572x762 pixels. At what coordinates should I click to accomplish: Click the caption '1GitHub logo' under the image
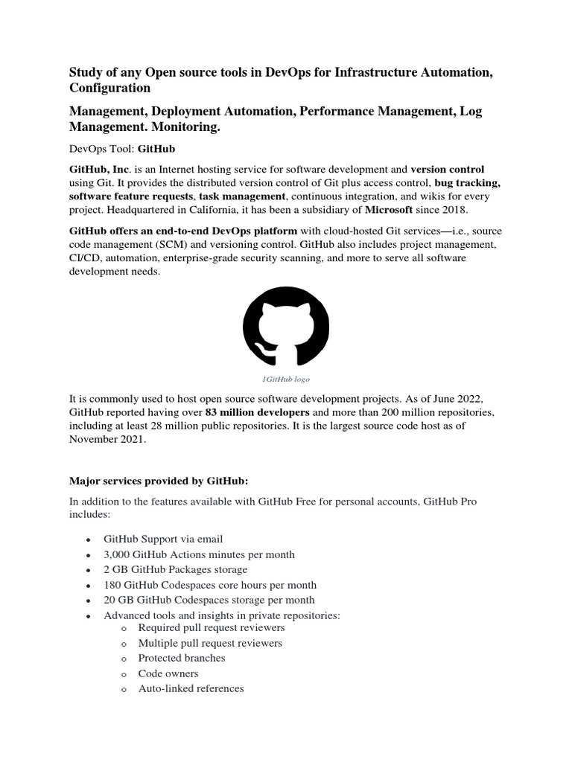(x=286, y=379)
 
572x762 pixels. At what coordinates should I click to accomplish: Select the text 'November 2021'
(x=104, y=439)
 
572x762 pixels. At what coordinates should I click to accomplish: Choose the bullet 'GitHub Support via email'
(x=163, y=539)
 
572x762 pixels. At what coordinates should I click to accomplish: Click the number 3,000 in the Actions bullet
(x=118, y=554)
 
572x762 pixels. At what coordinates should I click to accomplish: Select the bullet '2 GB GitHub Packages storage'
(x=175, y=569)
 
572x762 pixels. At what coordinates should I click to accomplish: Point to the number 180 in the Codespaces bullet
(x=112, y=585)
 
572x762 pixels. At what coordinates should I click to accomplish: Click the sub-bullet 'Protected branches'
(x=181, y=658)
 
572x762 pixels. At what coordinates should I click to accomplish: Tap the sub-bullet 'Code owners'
(x=168, y=673)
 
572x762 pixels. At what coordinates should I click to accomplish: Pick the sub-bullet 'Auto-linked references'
(x=191, y=688)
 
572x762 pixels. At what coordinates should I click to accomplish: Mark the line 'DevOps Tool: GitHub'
(x=122, y=149)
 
